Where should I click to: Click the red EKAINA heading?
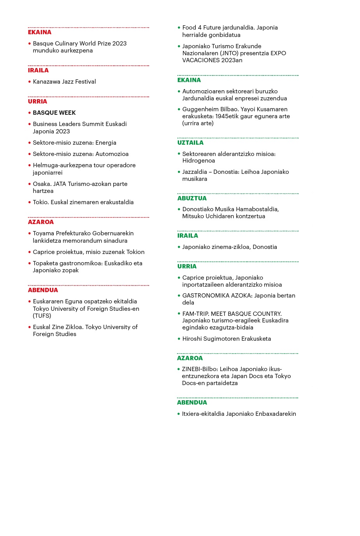pyautogui.click(x=39, y=32)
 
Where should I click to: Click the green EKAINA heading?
pyautogui.click(x=189, y=80)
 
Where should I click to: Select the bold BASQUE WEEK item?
pyautogui.click(x=54, y=113)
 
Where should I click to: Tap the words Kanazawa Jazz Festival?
pyautogui.click(x=64, y=82)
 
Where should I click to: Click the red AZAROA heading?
pyautogui.click(x=40, y=222)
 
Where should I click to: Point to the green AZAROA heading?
pyautogui.click(x=190, y=358)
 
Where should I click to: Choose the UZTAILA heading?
pyautogui.click(x=190, y=143)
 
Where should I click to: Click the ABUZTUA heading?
pyautogui.click(x=191, y=198)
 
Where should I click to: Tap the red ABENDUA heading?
pyautogui.click(x=43, y=290)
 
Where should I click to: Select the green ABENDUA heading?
pyautogui.click(x=192, y=403)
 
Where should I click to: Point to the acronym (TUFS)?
pyautogui.click(x=42, y=316)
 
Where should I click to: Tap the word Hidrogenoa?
pyautogui.click(x=198, y=161)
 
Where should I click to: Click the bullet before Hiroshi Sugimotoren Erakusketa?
pyautogui.click(x=179, y=339)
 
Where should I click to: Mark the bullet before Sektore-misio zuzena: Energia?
pyautogui.click(x=30, y=143)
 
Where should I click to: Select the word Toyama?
pyautogui.click(x=43, y=233)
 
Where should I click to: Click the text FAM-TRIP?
pyautogui.click(x=195, y=314)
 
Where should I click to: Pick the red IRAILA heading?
pyautogui.click(x=38, y=70)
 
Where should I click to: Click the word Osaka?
pyautogui.click(x=41, y=184)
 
